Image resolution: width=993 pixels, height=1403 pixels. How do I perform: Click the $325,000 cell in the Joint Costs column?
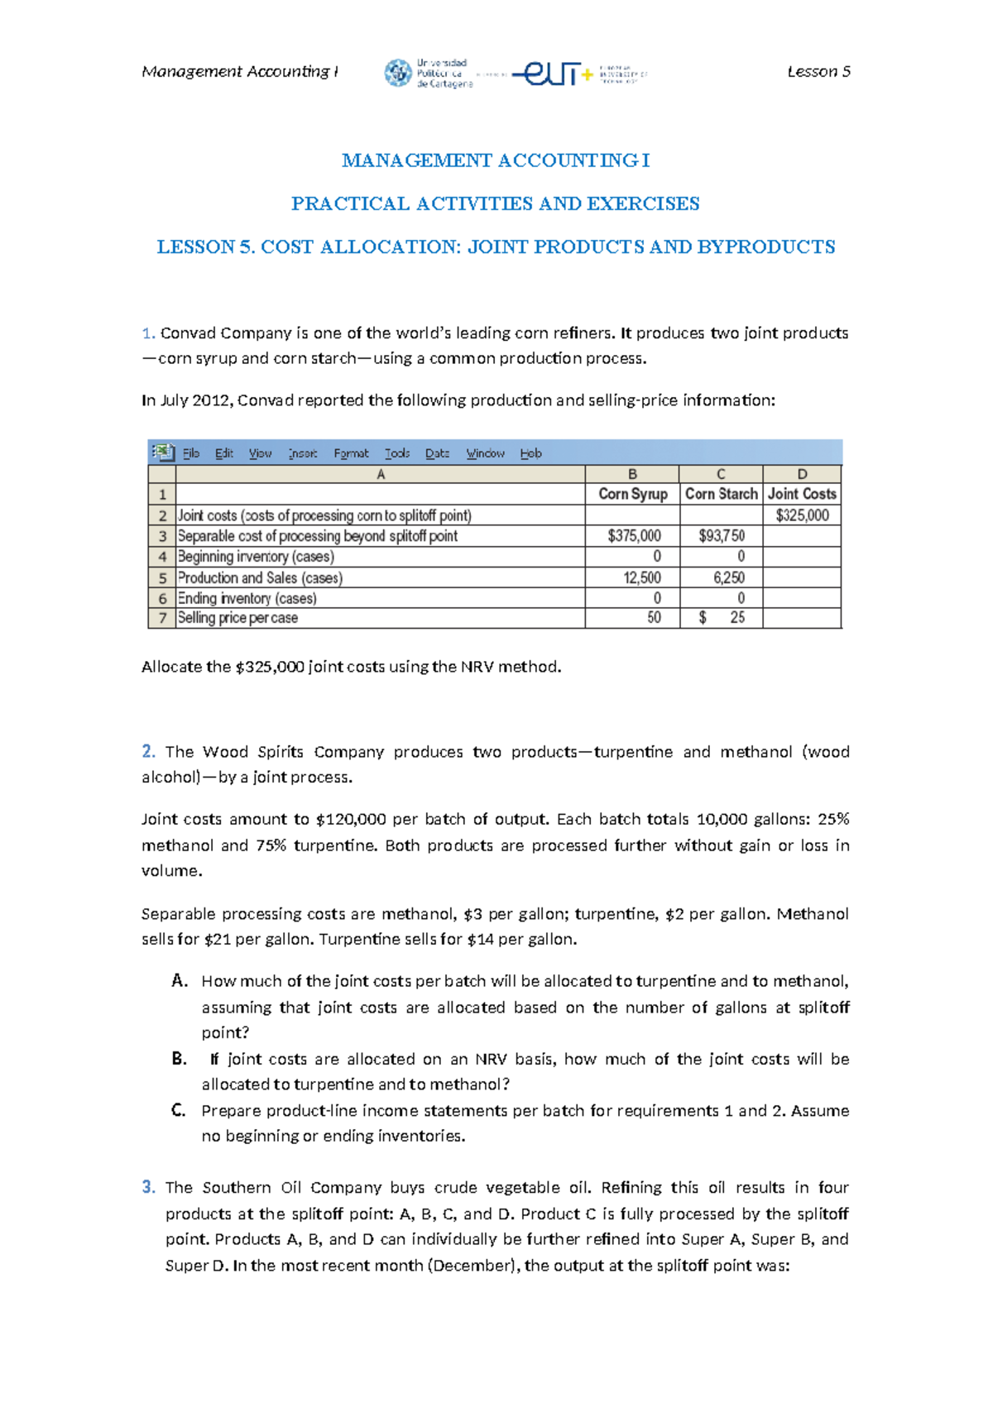[x=802, y=515]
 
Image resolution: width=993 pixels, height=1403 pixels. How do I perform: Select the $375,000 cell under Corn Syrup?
[x=634, y=536]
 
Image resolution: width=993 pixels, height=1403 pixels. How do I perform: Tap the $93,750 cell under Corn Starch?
[x=722, y=536]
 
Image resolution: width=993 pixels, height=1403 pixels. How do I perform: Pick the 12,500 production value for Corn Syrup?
[x=641, y=577]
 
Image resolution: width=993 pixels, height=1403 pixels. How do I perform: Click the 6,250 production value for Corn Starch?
[x=728, y=577]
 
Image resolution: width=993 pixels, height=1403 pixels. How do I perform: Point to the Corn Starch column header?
[x=721, y=494]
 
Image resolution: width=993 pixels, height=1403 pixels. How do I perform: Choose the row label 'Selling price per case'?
[x=237, y=618]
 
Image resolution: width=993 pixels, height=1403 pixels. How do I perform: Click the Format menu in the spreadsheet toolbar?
[x=351, y=453]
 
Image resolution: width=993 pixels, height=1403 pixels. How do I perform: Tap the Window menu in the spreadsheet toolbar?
[x=485, y=453]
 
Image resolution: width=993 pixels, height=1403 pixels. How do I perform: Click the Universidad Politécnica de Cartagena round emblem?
[x=398, y=73]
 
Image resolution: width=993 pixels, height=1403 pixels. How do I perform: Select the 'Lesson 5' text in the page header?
[x=818, y=72]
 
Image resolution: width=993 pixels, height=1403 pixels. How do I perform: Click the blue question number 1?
[x=148, y=333]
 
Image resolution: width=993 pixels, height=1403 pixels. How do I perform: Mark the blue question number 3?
[x=148, y=1187]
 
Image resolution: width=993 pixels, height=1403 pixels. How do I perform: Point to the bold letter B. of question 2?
[x=180, y=1059]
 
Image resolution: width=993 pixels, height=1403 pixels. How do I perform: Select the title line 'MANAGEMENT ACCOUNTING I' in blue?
[x=496, y=160]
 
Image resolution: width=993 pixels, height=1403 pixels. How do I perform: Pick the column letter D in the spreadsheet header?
[x=802, y=474]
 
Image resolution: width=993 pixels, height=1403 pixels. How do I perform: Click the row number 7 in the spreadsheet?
[x=162, y=618]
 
